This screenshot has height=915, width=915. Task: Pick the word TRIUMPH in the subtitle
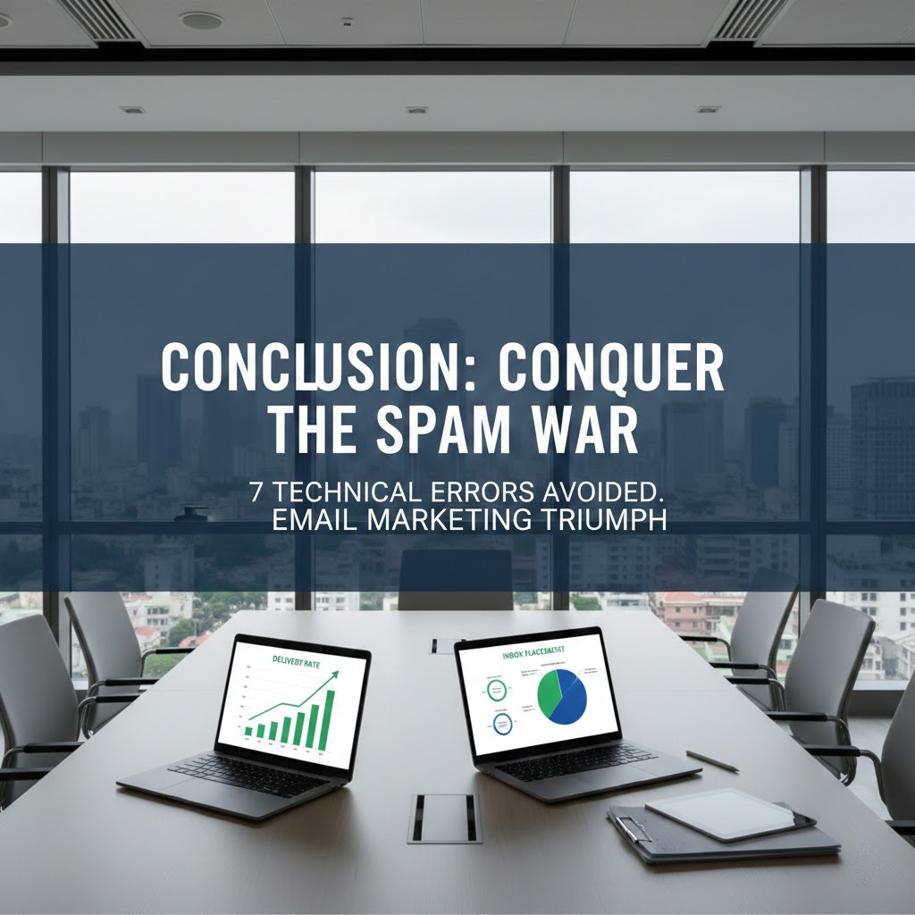pos(609,520)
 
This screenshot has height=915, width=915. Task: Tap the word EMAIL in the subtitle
pos(312,520)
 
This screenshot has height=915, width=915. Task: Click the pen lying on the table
pos(712,760)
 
